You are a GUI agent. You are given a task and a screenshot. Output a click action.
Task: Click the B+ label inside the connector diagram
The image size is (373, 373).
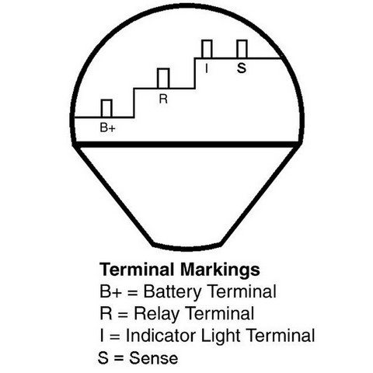pyautogui.click(x=107, y=127)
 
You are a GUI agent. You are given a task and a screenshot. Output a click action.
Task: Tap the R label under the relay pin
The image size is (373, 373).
pyautogui.click(x=163, y=99)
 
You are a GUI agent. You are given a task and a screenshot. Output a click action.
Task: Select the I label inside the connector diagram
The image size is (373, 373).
pyautogui.click(x=207, y=68)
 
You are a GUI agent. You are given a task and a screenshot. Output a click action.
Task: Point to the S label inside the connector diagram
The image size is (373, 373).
pyautogui.click(x=242, y=68)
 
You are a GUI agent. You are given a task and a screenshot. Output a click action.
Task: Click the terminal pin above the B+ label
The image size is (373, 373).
pyautogui.click(x=106, y=108)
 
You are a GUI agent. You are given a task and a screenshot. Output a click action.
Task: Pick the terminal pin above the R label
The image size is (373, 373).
pyautogui.click(x=163, y=78)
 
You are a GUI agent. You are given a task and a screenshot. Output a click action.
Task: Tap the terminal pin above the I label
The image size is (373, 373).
pyautogui.click(x=207, y=49)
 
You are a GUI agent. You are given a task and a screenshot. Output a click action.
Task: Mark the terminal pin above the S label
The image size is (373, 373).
pyautogui.click(x=242, y=49)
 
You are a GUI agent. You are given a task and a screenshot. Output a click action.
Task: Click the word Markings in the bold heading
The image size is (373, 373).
pyautogui.click(x=220, y=270)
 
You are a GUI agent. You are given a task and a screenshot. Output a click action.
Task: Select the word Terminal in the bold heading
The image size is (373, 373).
pyautogui.click(x=137, y=270)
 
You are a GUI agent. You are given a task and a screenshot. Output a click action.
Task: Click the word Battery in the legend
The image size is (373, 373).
pyautogui.click(x=173, y=292)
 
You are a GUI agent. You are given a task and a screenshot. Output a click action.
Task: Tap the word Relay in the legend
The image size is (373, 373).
pyautogui.click(x=156, y=314)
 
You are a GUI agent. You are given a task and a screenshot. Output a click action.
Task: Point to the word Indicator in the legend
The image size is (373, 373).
pyautogui.click(x=161, y=336)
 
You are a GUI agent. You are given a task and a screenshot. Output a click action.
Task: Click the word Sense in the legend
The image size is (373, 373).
pyautogui.click(x=153, y=358)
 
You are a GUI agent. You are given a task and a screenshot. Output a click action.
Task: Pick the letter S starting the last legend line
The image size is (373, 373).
pyautogui.click(x=103, y=358)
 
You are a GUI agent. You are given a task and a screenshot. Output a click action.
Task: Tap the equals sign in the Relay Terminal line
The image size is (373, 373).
pyautogui.click(x=123, y=315)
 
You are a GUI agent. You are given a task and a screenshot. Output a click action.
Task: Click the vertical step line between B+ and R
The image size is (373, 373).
pyautogui.click(x=134, y=103)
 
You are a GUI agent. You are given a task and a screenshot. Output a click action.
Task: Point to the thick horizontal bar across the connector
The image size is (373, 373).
pyautogui.click(x=186, y=145)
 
